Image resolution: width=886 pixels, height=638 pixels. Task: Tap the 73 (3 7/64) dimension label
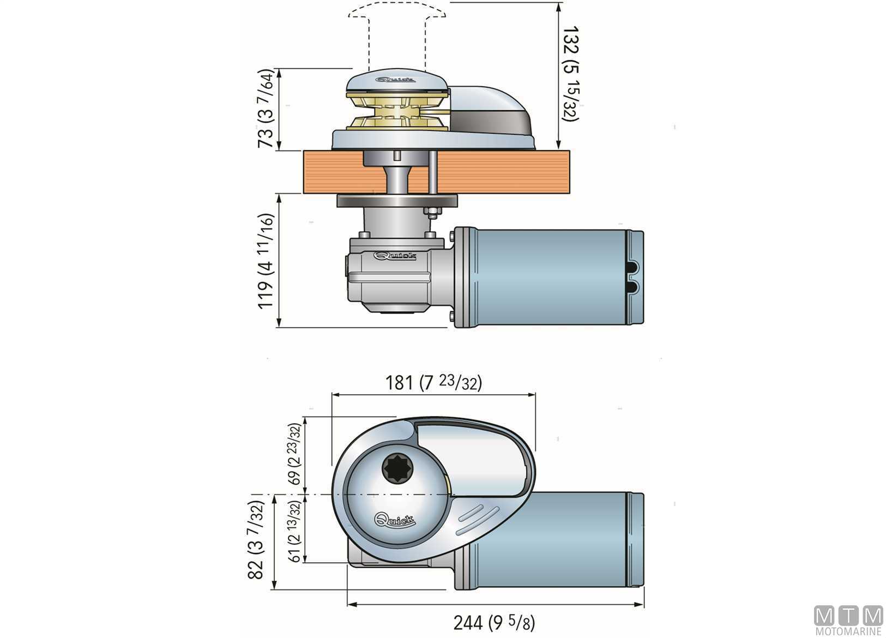pyautogui.click(x=267, y=109)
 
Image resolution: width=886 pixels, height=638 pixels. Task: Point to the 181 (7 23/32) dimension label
pyautogui.click(x=434, y=383)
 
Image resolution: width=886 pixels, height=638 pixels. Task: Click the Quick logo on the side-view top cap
pyautogui.click(x=396, y=80)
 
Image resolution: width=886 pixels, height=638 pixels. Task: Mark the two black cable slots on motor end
pyautogui.click(x=633, y=276)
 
